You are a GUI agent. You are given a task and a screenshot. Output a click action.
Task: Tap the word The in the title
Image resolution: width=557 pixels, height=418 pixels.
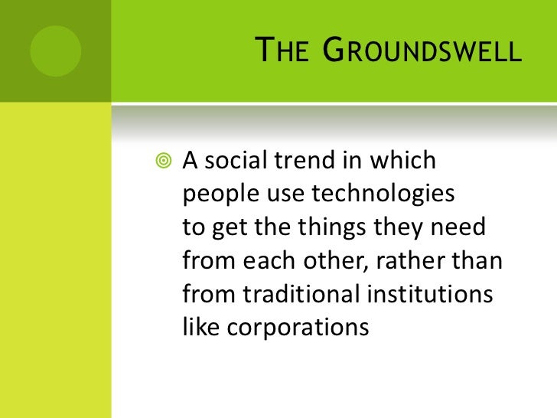285,53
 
